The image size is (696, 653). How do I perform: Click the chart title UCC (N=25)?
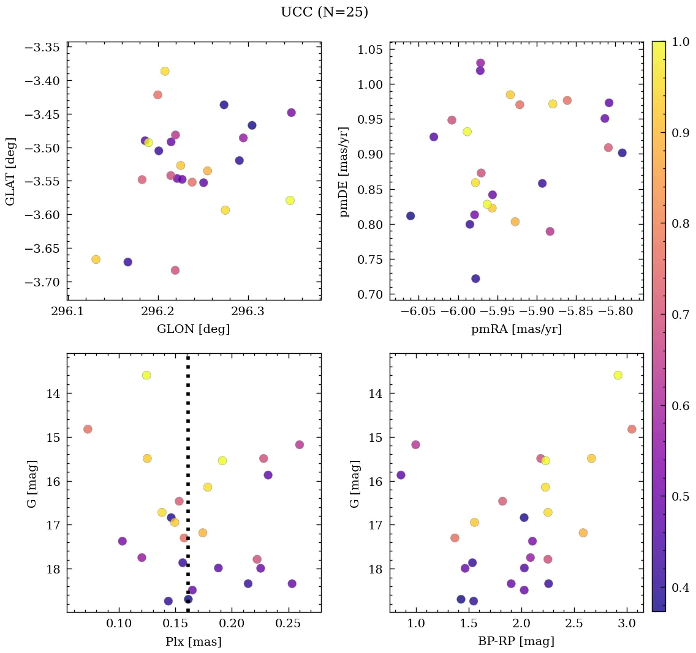pos(324,12)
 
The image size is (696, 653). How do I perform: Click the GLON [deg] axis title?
pos(194,329)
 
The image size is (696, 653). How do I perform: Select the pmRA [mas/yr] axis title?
pos(516,329)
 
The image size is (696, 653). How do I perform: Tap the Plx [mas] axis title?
pos(194,642)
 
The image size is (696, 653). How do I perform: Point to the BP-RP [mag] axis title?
pos(516,642)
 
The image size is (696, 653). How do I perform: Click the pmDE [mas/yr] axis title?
pos(344,172)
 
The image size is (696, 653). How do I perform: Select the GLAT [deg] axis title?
pos(10,172)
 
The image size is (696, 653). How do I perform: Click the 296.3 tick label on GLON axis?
pos(248,311)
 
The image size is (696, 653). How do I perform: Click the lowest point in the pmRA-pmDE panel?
pos(475,278)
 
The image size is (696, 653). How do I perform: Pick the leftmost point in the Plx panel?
pos(88,429)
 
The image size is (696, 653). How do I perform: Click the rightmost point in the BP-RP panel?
pos(632,429)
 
